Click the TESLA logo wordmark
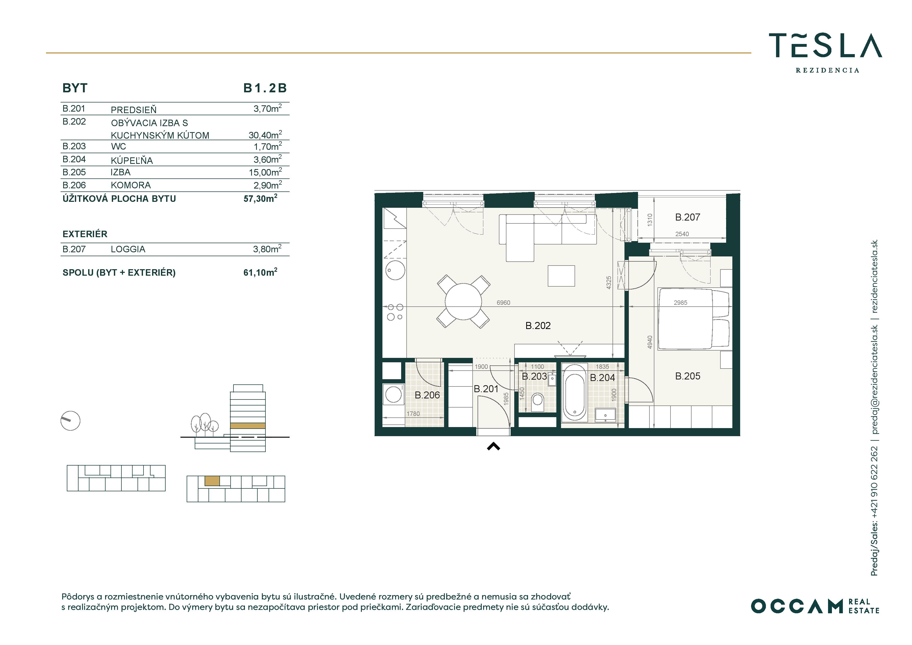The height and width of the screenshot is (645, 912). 825,46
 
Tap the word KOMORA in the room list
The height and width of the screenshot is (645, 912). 131,185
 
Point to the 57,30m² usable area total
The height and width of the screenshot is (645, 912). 260,198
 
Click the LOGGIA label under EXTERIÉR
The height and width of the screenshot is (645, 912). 128,249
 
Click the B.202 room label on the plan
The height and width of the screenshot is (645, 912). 538,325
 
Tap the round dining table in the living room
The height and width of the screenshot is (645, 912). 463,301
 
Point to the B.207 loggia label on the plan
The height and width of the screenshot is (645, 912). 688,217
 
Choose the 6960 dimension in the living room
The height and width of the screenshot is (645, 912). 503,303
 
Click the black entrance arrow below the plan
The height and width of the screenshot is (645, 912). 493,447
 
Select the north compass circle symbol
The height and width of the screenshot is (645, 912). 70,421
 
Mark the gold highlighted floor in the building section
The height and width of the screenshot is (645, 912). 247,426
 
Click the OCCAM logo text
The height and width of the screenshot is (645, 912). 797,606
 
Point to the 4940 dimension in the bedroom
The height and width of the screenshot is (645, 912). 650,342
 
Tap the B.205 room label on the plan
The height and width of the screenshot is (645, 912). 688,376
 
